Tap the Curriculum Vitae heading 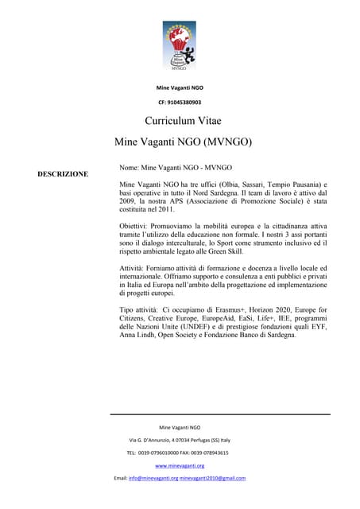(x=183, y=121)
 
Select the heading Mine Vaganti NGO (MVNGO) (x=184, y=143)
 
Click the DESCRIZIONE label (x=63, y=173)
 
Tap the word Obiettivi (x=136, y=227)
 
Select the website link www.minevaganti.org (x=180, y=465)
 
